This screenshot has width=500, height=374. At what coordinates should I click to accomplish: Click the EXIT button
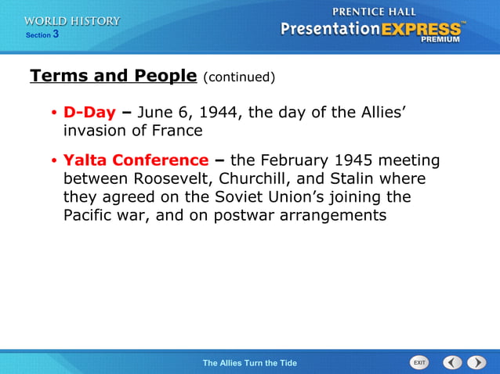coord(419,362)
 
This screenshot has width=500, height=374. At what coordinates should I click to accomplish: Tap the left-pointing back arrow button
coord(452,362)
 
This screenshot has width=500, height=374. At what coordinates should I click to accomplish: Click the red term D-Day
coord(89,113)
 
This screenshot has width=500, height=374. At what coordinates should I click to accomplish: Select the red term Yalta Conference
coord(136,160)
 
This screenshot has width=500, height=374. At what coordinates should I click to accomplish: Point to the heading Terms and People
coord(113,76)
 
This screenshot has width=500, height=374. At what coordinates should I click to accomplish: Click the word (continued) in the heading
coord(239,77)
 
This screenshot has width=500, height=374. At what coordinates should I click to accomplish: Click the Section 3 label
coord(42,35)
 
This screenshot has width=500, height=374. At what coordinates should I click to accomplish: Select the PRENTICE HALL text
coord(375,12)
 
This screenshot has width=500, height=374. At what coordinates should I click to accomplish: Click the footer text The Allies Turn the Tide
coord(249,363)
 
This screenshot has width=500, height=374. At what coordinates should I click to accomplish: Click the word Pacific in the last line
coord(89,214)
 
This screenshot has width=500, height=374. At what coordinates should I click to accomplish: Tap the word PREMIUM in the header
coord(440,38)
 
